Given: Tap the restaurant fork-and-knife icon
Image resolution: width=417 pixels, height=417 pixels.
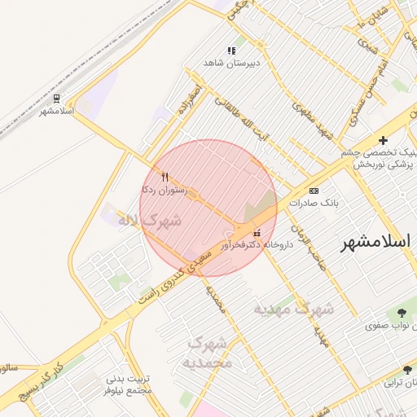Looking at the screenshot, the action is pyautogui.click(x=165, y=177).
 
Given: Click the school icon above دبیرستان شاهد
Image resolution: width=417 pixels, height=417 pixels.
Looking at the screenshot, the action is pyautogui.click(x=231, y=50).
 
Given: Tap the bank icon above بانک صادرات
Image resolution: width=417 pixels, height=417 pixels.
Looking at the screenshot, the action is pyautogui.click(x=314, y=191).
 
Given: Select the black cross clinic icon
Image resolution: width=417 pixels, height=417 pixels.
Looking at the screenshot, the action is pyautogui.click(x=383, y=141).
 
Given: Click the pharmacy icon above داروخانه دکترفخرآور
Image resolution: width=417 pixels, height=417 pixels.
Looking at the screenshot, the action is pyautogui.click(x=258, y=233).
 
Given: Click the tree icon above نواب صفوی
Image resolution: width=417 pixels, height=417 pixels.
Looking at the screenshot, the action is pyautogui.click(x=402, y=312).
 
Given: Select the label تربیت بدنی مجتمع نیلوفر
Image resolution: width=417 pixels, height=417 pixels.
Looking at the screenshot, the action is pyautogui.click(x=130, y=385).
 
